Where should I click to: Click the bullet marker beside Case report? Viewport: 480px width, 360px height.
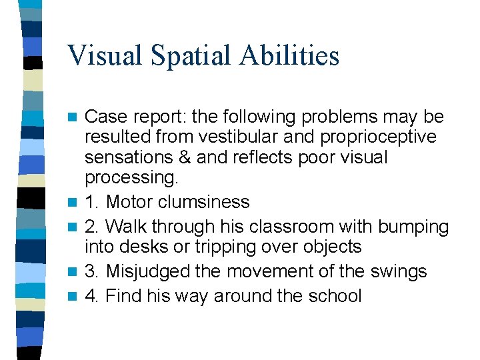(x=75, y=117)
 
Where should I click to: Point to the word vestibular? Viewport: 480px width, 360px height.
(x=258, y=137)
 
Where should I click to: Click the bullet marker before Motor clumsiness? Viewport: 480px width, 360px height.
(x=75, y=202)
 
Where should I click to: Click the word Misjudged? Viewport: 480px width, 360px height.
(x=155, y=271)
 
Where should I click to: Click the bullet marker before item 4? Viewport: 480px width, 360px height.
(x=75, y=295)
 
